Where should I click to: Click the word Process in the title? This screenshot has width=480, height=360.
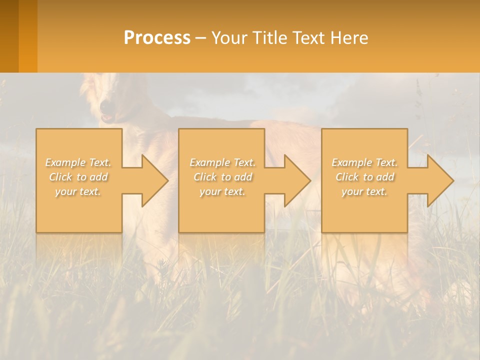[x=157, y=38]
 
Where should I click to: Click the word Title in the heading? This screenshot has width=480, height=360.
[x=269, y=38]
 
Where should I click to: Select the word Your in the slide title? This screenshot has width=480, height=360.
[x=229, y=38]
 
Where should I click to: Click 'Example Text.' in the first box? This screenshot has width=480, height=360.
[x=78, y=162]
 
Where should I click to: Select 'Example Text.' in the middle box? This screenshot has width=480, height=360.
[x=222, y=162]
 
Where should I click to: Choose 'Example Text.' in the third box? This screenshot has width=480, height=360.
[x=364, y=162]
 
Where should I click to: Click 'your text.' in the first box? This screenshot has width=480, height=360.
[x=78, y=191]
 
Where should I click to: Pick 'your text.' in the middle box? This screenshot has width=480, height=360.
[x=222, y=191]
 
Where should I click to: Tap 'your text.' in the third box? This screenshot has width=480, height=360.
[x=364, y=191]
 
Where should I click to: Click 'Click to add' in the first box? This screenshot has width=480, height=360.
[x=78, y=177]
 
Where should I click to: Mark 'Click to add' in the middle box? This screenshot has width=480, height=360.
[x=222, y=177]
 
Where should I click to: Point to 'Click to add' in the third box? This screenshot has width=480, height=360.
[x=364, y=177]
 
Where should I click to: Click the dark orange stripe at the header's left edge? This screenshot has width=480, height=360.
[x=9, y=36]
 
